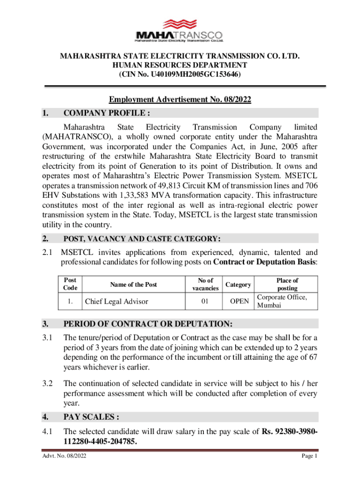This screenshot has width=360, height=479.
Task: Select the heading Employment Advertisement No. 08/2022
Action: point(180,99)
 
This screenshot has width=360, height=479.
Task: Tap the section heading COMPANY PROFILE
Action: point(107,113)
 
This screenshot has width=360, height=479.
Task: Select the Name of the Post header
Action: point(134,284)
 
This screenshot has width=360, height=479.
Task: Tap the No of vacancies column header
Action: point(205,284)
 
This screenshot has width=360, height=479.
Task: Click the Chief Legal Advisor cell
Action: point(116,302)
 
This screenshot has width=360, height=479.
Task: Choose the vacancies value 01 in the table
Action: point(205,302)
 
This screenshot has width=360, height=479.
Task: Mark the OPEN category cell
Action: point(240,302)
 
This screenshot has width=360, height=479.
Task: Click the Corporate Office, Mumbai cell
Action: point(282,301)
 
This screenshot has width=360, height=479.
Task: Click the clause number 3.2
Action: point(47,384)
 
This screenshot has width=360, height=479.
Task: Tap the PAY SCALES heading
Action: point(88,417)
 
